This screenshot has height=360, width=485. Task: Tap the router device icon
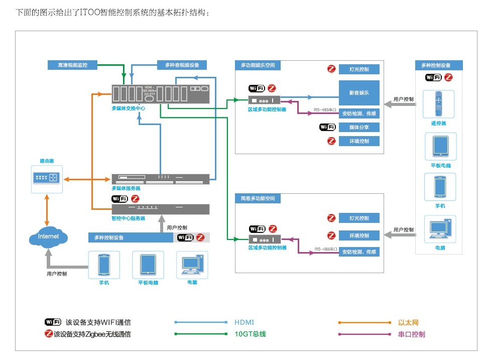[x=47, y=177]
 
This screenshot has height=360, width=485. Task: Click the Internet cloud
[x=48, y=236]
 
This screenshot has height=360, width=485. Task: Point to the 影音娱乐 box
[x=359, y=93]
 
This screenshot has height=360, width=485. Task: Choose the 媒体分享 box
[x=359, y=127]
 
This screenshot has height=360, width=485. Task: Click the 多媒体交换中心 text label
[x=129, y=108]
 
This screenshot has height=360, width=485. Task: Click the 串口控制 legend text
[x=411, y=334]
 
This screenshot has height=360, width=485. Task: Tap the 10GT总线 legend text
[x=250, y=334]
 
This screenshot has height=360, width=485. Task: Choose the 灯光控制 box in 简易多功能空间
[x=359, y=218]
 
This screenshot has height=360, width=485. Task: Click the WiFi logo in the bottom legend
[x=53, y=322]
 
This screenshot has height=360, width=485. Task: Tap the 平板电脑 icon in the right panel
[x=440, y=146]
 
